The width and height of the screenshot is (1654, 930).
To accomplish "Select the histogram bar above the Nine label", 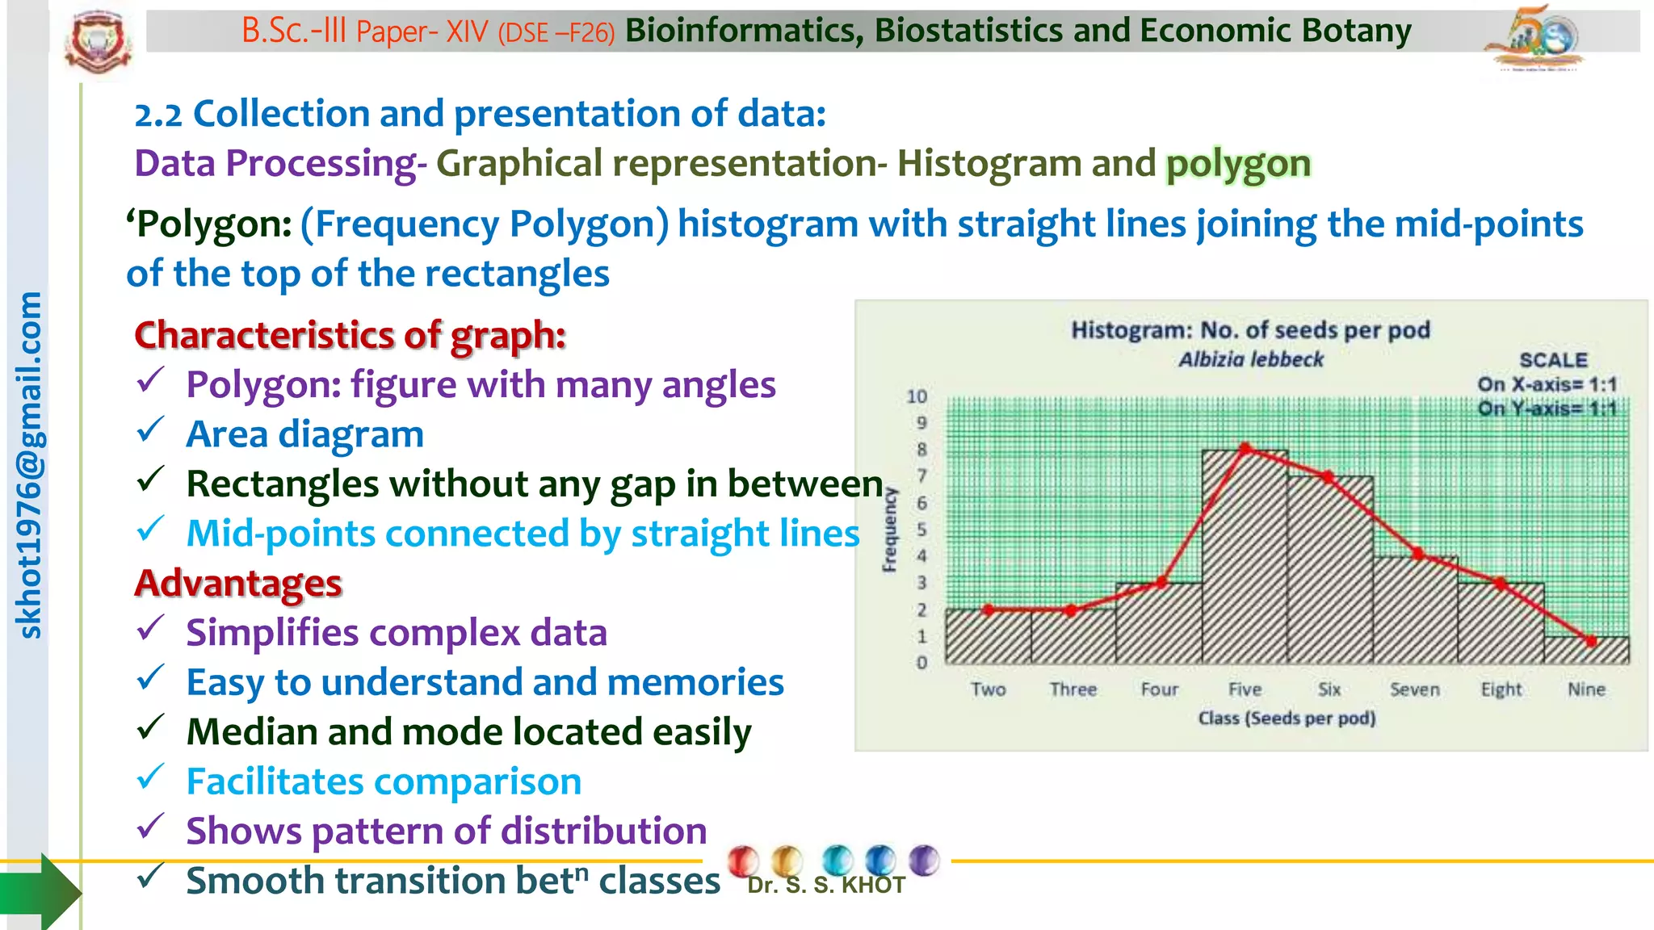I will [1586, 651].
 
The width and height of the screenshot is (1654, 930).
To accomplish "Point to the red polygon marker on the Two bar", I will [989, 610].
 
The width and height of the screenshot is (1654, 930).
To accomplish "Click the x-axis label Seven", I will [1414, 689].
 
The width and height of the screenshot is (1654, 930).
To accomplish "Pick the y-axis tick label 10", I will [917, 396].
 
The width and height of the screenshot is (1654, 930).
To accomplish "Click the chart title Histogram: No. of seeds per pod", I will [1250, 330].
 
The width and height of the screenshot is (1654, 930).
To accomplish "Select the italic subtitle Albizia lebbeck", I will [1250, 359].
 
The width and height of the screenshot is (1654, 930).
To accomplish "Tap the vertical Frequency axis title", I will [889, 530].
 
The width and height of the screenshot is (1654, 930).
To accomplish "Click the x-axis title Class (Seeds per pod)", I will [1286, 718].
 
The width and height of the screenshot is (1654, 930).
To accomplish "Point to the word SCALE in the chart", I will [1552, 360].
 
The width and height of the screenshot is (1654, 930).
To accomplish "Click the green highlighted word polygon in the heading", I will [1237, 164].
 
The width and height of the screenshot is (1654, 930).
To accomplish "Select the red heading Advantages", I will [238, 583].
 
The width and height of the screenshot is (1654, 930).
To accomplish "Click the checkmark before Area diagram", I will [150, 430].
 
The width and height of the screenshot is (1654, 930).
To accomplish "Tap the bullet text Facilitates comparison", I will [384, 781].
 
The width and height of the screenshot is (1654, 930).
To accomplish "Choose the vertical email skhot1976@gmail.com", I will [29, 465].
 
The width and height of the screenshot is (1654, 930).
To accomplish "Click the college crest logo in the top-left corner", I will [98, 42].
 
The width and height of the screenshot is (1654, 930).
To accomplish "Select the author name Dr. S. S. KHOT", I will [825, 886].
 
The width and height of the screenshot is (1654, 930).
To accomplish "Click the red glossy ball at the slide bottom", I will [742, 861].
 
